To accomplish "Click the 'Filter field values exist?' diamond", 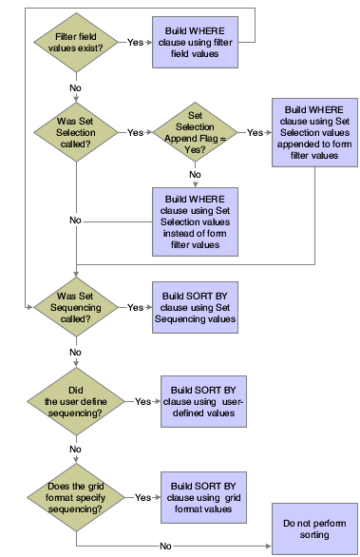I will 74,42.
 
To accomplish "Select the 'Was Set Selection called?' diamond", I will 74,132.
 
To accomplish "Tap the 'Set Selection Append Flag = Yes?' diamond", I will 194,132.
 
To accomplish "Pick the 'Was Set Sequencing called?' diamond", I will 74,307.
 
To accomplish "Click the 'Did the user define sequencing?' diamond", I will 74,402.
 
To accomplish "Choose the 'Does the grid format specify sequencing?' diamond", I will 74,496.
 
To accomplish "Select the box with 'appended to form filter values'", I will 313,132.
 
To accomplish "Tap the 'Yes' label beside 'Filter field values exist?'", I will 136,42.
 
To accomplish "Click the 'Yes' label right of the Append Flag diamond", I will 255,132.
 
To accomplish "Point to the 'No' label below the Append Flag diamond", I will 194,175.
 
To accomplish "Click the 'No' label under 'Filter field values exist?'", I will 74,87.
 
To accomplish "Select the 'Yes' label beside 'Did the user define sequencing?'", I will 143,402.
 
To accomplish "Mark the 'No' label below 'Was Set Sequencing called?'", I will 74,352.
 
